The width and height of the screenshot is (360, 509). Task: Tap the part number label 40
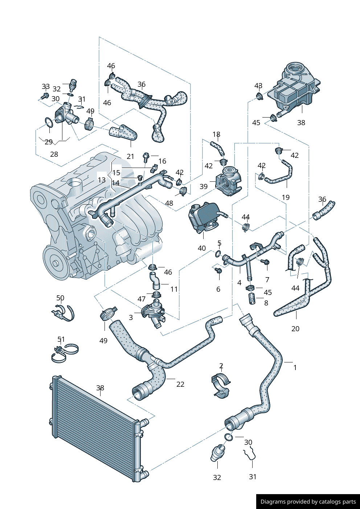coord(202,248)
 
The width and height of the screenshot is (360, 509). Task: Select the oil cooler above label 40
coord(204,218)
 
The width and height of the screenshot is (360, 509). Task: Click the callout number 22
coord(180,384)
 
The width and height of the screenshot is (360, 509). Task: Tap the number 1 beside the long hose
coord(295,368)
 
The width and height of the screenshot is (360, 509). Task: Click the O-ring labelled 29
coord(49,123)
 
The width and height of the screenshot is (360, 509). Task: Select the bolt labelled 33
coord(45,96)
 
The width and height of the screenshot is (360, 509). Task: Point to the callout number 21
coord(130,156)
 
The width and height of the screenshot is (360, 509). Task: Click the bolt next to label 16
coord(146,157)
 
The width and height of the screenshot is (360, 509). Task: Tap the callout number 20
coord(295,329)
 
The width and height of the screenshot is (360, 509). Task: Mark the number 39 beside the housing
coord(204,186)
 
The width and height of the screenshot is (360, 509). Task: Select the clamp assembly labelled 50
coord(64,313)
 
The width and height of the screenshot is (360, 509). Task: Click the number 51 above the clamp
coord(61,339)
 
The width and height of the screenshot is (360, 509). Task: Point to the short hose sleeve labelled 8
coord(252,300)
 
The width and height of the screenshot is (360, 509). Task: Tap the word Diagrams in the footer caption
coord(273,502)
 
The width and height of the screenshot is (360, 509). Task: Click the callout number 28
coord(54,154)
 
